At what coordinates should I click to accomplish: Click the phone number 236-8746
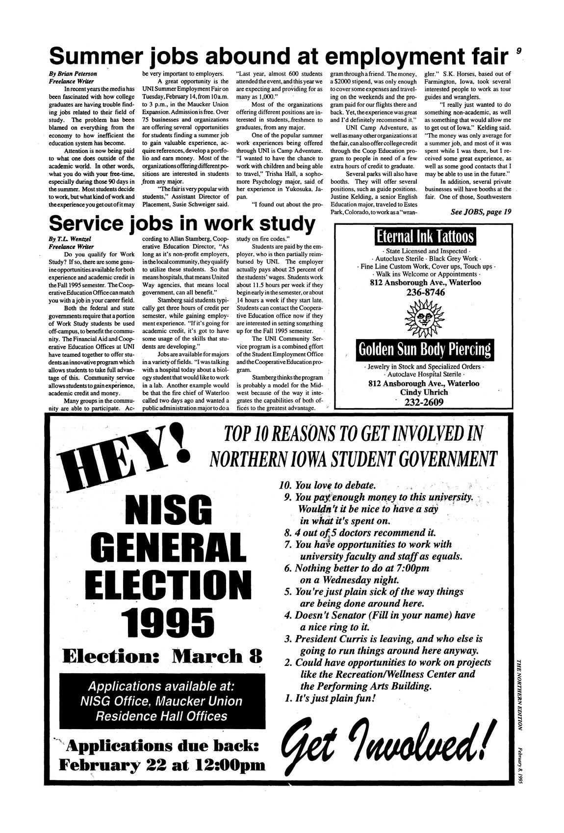coord(425,293)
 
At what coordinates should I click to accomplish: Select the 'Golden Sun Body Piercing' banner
coord(424,349)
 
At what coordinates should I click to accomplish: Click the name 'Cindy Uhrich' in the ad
coord(425,392)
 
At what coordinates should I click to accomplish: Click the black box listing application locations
coord(160,701)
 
